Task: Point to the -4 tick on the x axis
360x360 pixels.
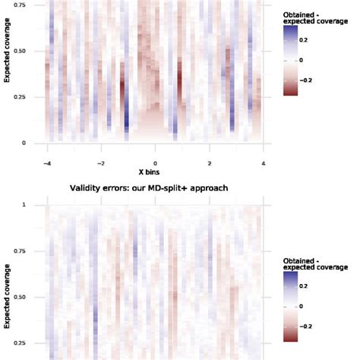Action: coord(47,163)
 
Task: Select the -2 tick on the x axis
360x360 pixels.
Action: coord(100,163)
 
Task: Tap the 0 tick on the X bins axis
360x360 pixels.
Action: coord(156,163)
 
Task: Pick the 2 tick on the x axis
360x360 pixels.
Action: coord(210,163)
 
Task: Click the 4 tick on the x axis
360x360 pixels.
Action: coord(263,163)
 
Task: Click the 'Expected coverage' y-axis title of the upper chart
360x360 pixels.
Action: coord(7,74)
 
